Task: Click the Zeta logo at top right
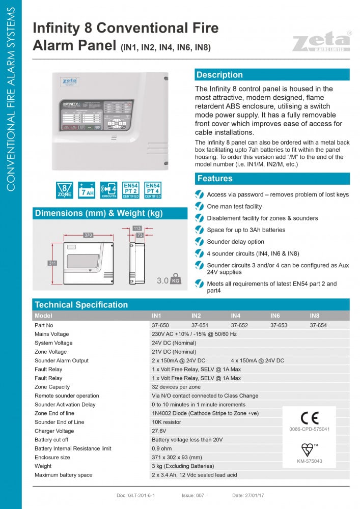[x=321, y=41]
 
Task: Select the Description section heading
[x=219, y=75]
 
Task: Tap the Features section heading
[x=215, y=179]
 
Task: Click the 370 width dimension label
[x=88, y=235]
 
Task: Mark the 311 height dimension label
[x=52, y=263]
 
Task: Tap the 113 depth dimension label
[x=137, y=229]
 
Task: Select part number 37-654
[x=318, y=325]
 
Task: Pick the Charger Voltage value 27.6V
[x=159, y=431]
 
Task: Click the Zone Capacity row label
[x=52, y=387]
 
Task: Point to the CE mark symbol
[x=310, y=417]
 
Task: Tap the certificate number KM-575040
[x=310, y=461]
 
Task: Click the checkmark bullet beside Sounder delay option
[x=199, y=242]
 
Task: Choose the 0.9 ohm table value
[x=161, y=448]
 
